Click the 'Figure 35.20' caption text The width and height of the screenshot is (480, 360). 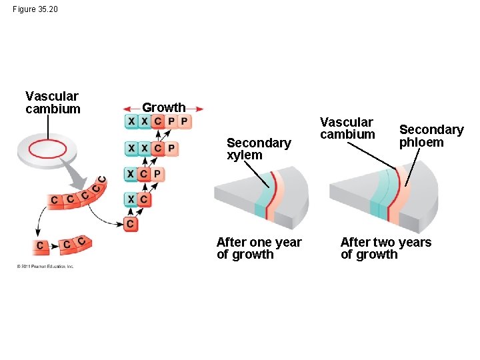coord(35,9)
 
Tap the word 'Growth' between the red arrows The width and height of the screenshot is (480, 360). coord(163,107)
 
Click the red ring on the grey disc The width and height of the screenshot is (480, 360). coord(47,147)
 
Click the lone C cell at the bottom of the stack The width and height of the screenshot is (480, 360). coord(131,223)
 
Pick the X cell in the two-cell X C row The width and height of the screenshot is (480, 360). coord(131,199)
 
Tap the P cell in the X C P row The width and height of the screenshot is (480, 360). coord(157,174)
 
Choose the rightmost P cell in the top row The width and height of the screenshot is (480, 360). coord(184,121)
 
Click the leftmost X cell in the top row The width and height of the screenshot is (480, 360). coord(131,121)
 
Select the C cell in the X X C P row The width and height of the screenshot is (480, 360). coord(158,147)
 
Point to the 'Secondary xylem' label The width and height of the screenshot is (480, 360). coord(259,149)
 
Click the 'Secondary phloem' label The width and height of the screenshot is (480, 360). coord(431,135)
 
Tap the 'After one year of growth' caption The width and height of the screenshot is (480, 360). coord(259,248)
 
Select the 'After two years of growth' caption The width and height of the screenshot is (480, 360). coord(385,248)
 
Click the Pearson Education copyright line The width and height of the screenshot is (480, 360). coord(45,266)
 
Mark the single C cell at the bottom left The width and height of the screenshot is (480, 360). coord(40,246)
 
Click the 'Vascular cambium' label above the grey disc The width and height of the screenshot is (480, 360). coord(52,103)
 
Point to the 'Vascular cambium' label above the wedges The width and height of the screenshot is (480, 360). coord(347,128)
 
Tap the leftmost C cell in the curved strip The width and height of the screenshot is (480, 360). coord(54,200)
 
